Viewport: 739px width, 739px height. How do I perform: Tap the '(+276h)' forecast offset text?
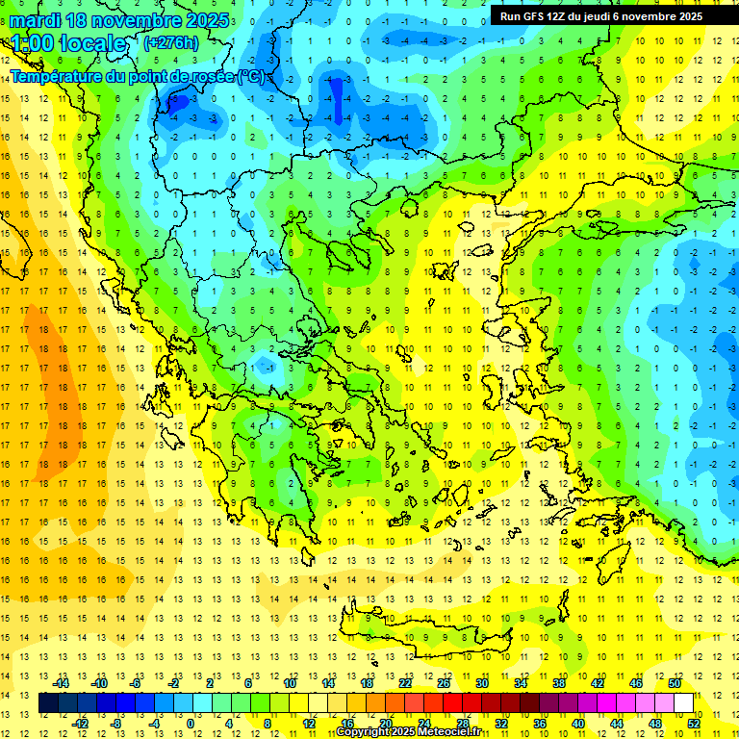tap(170, 42)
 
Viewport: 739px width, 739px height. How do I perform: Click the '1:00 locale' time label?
tap(67, 43)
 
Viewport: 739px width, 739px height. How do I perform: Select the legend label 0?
tap(191, 723)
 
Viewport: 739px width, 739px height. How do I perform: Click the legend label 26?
tap(444, 683)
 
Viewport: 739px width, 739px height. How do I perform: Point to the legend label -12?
tap(80, 723)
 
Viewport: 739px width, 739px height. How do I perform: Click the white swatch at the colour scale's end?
tap(683, 702)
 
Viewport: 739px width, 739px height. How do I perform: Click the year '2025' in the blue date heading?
tap(207, 20)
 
